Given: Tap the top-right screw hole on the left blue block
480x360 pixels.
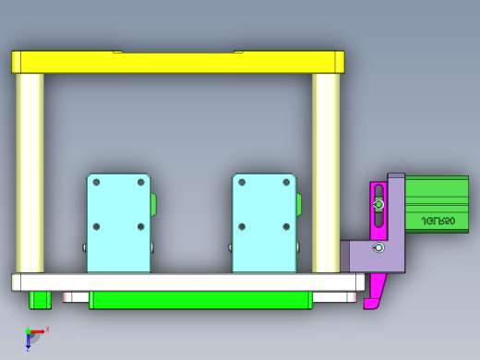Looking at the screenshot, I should [141, 183].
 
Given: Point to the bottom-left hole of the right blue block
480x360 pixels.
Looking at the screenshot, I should [242, 226].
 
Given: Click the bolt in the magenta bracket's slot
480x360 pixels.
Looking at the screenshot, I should [378, 204].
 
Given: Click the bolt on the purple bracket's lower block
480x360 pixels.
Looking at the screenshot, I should [377, 248].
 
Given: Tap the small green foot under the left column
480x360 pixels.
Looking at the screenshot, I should [40, 299].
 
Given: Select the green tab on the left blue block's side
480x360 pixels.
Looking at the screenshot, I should [154, 202].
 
